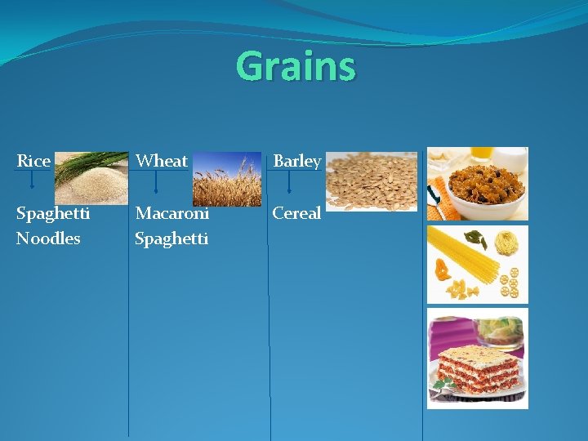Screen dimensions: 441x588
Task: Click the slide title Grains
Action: pos(296,67)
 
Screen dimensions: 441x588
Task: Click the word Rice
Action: pos(33,161)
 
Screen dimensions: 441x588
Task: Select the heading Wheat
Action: pos(162,161)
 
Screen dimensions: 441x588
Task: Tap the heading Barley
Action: pos(296,161)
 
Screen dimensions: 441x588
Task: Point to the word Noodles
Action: pos(48,238)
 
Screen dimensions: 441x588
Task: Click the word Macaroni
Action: pos(172,213)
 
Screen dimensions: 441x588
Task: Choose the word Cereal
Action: pos(296,213)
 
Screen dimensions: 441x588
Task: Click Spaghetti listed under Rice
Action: pos(53,213)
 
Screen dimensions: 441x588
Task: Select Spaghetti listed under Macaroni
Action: pos(171,238)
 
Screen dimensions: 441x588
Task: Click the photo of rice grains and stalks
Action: pos(91,177)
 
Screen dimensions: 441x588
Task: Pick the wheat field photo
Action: pos(226,179)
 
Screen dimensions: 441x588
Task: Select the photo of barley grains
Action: pos(372,181)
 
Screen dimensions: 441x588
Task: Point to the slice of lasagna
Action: pos(478,367)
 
